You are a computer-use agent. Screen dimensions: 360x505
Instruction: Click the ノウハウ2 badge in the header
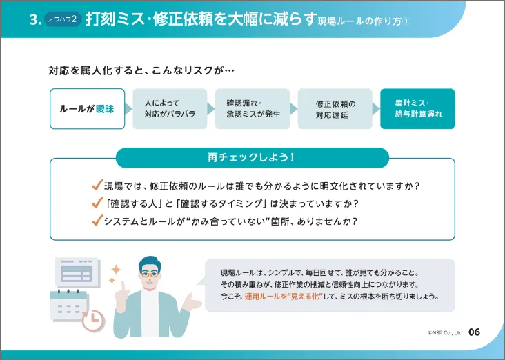coord(63,21)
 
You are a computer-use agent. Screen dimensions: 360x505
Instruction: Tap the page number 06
coord(474,332)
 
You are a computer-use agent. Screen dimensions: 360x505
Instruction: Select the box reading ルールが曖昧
coord(87,109)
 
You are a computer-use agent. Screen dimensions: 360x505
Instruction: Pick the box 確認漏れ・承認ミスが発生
coord(253,109)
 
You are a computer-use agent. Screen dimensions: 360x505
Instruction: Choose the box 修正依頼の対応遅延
coord(335,109)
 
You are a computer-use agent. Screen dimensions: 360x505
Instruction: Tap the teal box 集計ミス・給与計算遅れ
coord(418,109)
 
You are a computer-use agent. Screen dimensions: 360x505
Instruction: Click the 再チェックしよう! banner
coord(252,158)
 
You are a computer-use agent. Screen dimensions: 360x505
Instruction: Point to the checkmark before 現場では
coord(97,186)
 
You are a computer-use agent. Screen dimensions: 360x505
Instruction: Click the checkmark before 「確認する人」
coord(97,203)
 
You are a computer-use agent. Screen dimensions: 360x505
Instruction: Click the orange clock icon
coord(92,319)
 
